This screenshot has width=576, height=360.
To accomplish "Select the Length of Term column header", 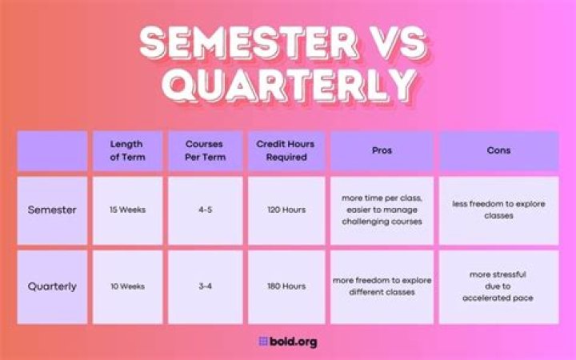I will tap(126, 150).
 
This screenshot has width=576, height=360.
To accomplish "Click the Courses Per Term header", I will tap(205, 150).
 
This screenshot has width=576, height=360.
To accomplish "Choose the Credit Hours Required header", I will tap(286, 150).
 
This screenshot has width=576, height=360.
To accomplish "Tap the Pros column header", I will tap(382, 150).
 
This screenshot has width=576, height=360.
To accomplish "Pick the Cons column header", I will tap(498, 150).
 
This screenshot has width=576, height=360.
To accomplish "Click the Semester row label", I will tap(52, 210).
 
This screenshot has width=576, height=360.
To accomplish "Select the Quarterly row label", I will tap(52, 286).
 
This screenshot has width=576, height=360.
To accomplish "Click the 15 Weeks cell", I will tap(126, 210).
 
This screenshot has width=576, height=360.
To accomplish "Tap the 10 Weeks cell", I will tap(126, 286).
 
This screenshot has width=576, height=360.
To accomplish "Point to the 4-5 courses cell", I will tap(205, 210).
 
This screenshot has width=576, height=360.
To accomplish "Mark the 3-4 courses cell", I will tap(205, 286).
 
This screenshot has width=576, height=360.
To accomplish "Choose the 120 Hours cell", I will tap(286, 210).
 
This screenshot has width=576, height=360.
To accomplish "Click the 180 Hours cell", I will tap(286, 286).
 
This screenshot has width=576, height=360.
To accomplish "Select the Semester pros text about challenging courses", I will tap(382, 210).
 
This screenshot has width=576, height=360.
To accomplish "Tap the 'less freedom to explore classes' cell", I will tap(498, 210).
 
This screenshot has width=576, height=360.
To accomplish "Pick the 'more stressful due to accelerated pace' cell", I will tap(498, 286).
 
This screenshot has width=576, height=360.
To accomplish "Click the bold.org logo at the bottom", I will tap(288, 342).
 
